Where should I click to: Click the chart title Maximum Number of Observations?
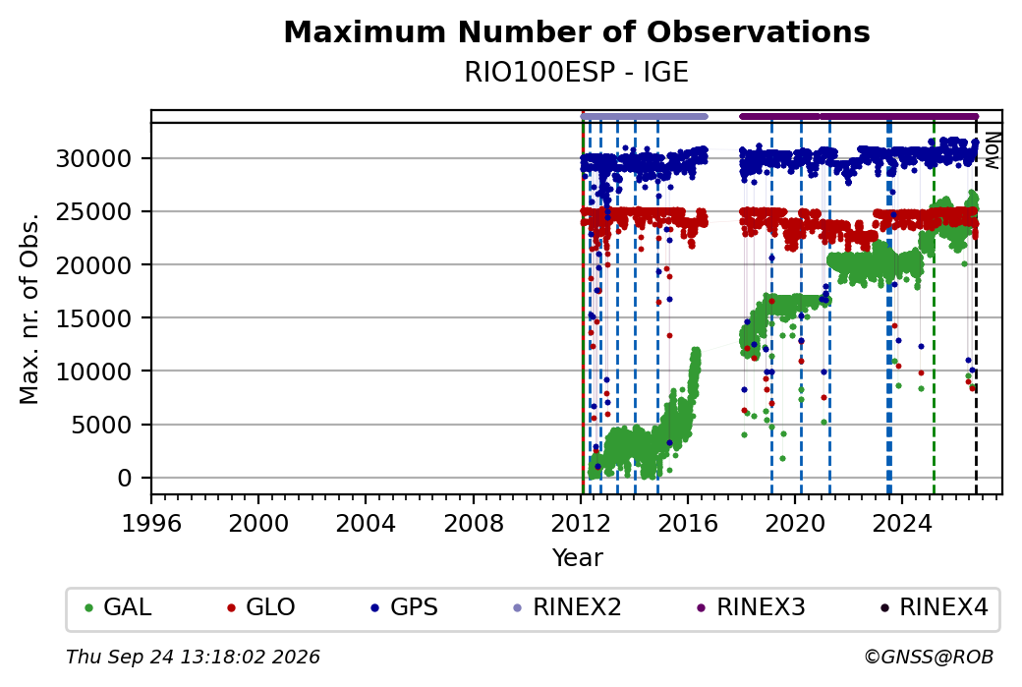[577, 31]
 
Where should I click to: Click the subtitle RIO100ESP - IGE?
[577, 73]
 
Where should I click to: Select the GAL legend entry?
[118, 607]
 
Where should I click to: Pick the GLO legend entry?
[260, 607]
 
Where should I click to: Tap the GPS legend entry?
[405, 607]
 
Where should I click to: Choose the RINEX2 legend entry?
[568, 607]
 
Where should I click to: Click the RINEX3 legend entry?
[752, 607]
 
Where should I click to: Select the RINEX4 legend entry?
[935, 607]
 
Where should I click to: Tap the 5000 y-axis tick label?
[102, 425]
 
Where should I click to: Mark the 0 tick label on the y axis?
[125, 479]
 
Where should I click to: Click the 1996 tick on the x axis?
[151, 523]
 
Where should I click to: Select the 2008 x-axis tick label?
[474, 523]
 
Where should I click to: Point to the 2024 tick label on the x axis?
[902, 523]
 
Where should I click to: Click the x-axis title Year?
[578, 558]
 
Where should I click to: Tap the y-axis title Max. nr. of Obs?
[29, 309]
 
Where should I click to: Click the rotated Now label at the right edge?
[993, 151]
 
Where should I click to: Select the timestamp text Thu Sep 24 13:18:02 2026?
[193, 657]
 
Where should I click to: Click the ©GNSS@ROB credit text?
[930, 657]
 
